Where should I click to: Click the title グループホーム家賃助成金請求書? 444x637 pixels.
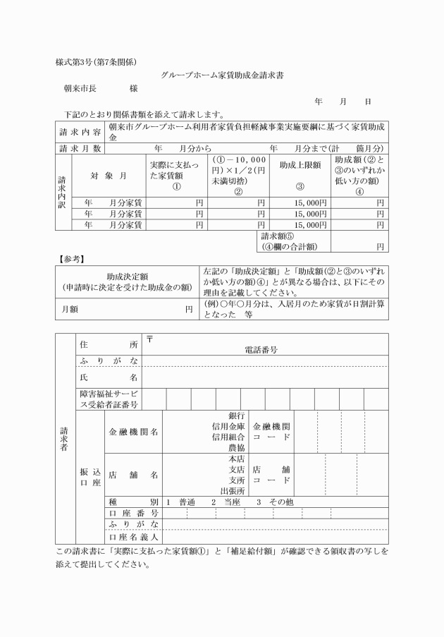click(x=222, y=75)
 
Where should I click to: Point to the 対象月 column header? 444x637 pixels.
click(x=109, y=174)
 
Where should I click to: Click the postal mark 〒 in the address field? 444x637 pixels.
click(x=149, y=339)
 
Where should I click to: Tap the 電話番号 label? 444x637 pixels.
click(x=260, y=348)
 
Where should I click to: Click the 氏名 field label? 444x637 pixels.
click(x=109, y=378)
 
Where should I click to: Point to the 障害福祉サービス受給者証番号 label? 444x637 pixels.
click(x=109, y=399)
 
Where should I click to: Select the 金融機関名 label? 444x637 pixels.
click(x=132, y=431)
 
